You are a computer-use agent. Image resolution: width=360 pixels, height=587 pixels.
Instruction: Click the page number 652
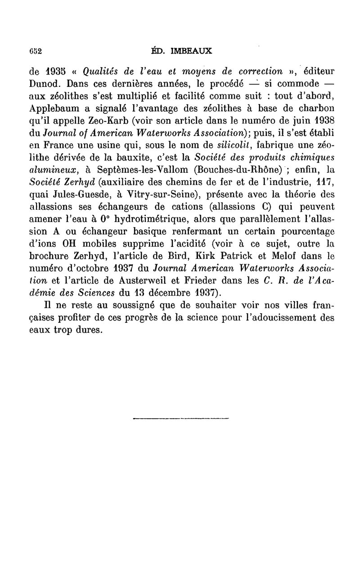(36, 51)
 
